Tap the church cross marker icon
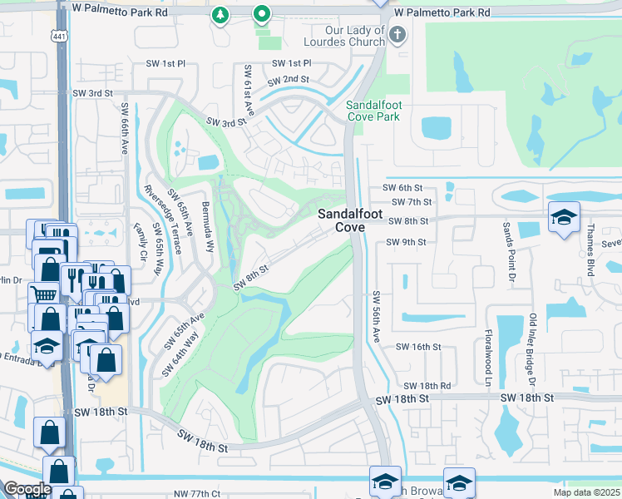coord(397,35)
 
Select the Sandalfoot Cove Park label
coord(373,111)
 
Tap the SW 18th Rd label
coord(427,386)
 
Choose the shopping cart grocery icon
coord(42,294)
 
